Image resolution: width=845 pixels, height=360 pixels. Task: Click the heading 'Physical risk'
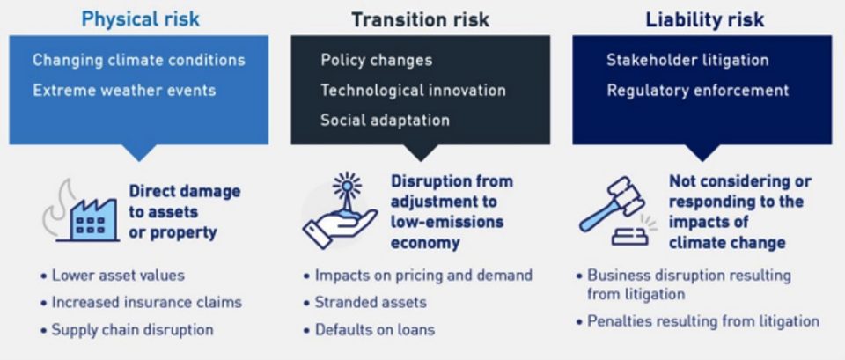(x=140, y=19)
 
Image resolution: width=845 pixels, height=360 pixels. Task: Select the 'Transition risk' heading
(x=421, y=19)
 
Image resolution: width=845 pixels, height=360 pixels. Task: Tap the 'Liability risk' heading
(x=705, y=19)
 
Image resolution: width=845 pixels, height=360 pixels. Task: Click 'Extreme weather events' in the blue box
(x=124, y=90)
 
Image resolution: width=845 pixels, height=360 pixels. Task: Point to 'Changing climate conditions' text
(x=138, y=60)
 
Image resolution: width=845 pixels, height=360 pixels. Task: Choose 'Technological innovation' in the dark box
(x=413, y=90)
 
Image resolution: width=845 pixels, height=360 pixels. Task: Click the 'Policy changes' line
(x=376, y=60)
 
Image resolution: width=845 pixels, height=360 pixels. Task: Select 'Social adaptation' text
(x=385, y=120)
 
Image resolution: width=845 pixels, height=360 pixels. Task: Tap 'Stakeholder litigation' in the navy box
(x=687, y=60)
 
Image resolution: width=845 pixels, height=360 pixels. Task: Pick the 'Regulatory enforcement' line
(x=698, y=90)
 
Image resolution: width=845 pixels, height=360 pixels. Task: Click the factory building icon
(x=81, y=211)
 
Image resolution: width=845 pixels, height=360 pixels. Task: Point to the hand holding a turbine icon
(x=340, y=210)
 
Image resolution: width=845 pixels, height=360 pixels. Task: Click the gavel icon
(x=616, y=210)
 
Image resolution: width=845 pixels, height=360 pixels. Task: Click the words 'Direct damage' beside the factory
(x=184, y=191)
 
